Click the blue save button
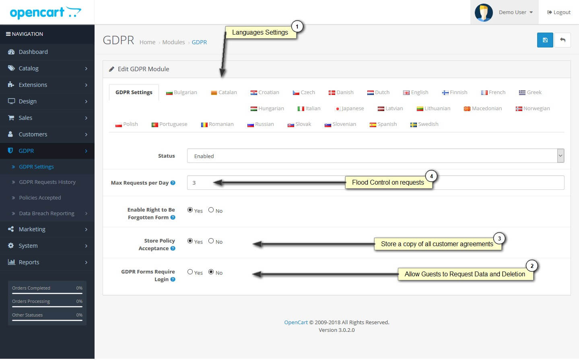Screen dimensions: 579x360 pyautogui.click(x=545, y=40)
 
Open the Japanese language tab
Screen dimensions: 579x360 pyautogui.click(x=349, y=109)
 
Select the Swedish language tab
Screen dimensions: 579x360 pyautogui.click(x=424, y=124)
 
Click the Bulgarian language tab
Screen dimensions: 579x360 pyautogui.click(x=181, y=93)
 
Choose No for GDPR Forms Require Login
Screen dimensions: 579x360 pyautogui.click(x=211, y=272)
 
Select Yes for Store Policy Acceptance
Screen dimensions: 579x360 pyautogui.click(x=190, y=241)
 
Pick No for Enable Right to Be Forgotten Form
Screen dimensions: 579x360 pyautogui.click(x=211, y=210)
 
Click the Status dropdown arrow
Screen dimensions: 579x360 pyautogui.click(x=560, y=156)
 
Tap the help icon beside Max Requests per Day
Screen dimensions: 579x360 pyautogui.click(x=173, y=183)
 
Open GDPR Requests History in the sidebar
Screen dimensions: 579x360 pyautogui.click(x=47, y=182)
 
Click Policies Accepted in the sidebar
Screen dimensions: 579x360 pyautogui.click(x=40, y=198)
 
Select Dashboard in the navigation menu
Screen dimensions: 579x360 pyautogui.click(x=33, y=52)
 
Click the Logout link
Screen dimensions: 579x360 pyautogui.click(x=559, y=12)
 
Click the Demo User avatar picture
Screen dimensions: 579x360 pyautogui.click(x=484, y=12)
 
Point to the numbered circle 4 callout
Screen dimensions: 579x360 pyautogui.click(x=431, y=176)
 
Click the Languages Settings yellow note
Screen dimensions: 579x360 pyautogui.click(x=260, y=32)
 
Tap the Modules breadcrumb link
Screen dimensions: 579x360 pyautogui.click(x=173, y=42)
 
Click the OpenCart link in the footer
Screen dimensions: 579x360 pyautogui.click(x=296, y=322)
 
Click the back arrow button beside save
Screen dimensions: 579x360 pyautogui.click(x=563, y=40)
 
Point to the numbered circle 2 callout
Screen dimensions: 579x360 pyautogui.click(x=532, y=265)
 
